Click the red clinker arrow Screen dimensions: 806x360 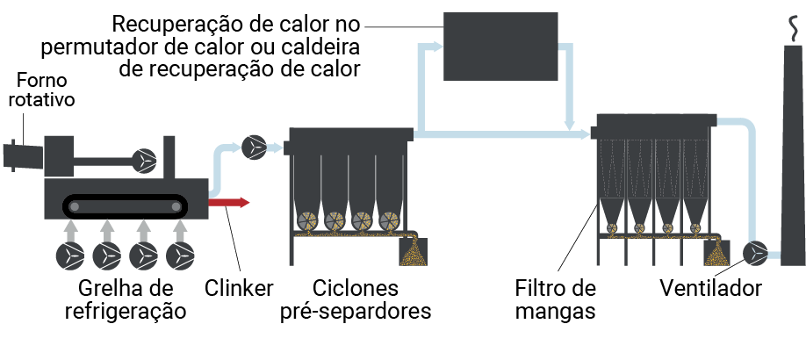pos(229,202)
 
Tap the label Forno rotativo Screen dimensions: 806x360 pos(41,90)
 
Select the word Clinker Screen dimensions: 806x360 pos(239,288)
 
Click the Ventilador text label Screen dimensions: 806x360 pos(710,288)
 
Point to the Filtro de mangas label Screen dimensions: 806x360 pos(555,299)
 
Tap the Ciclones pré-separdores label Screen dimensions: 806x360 pos(356,299)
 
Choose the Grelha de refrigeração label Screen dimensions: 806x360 pos(126,299)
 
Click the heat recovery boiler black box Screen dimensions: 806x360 pos(500,47)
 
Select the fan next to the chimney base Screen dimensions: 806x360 pos(755,252)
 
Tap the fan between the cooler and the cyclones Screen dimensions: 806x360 pos(254,148)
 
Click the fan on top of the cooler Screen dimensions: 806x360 pos(144,161)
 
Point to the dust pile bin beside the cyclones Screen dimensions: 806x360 pos(414,251)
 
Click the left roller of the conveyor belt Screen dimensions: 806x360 pos(75,206)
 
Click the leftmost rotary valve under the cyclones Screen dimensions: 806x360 pos(308,220)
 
